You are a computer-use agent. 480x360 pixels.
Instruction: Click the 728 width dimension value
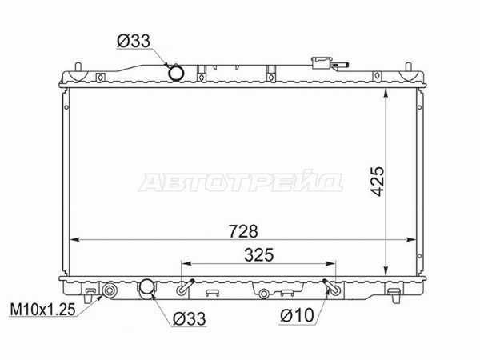(244, 231)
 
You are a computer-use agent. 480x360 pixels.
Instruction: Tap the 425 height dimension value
(377, 182)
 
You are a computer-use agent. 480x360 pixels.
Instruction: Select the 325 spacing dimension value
(258, 254)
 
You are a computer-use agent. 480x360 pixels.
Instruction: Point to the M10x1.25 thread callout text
(42, 310)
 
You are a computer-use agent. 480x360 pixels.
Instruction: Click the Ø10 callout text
(297, 315)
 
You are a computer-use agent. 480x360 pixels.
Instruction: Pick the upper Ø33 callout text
(133, 41)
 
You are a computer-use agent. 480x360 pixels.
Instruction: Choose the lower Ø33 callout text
(189, 318)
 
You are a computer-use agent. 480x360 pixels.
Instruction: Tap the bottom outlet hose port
(146, 288)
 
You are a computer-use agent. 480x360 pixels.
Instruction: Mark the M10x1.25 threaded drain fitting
(110, 290)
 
